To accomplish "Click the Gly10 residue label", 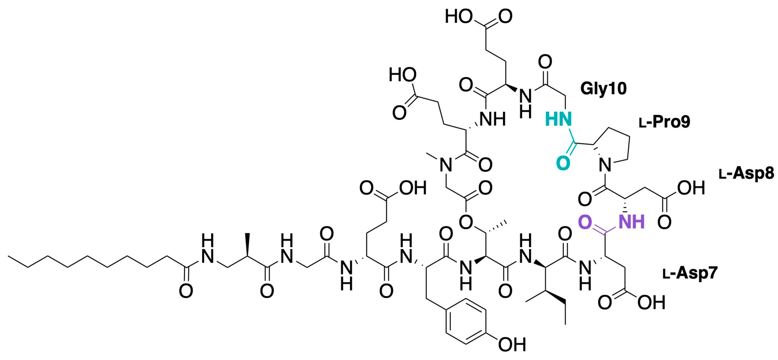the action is coord(603,88).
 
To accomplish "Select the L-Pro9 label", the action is coord(664,122).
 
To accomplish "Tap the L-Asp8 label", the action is coord(746,174).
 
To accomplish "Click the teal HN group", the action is coord(558,120).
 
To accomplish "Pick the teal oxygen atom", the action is coord(563,163).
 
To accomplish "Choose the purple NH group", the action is coord(631,222).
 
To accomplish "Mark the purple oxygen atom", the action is coord(585,222).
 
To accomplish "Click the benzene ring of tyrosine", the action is coord(466,321).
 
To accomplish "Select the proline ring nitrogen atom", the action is coord(605,166).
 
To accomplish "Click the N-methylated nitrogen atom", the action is coord(446,166).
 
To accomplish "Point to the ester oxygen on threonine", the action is coord(465,222).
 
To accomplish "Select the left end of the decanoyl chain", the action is coord(10,256).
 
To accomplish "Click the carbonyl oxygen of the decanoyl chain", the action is coord(186,291).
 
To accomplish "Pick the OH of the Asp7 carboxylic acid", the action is coord(651,303).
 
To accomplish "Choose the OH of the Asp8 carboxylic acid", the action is coord(691,188).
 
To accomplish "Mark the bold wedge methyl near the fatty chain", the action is coord(247,239).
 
